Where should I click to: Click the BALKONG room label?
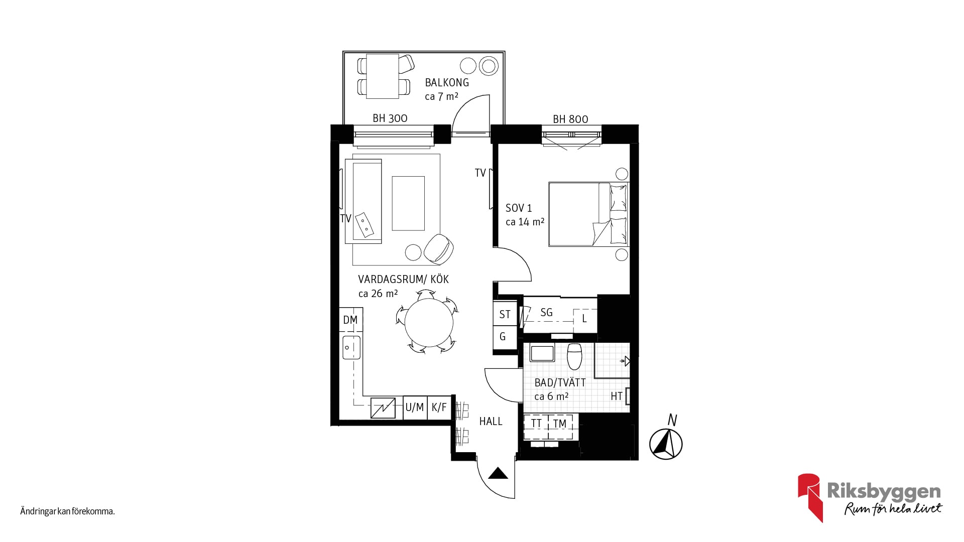tap(447, 82)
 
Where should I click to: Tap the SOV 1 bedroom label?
tap(519, 208)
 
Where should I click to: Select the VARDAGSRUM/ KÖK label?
tap(403, 279)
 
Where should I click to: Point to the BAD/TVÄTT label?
tap(560, 382)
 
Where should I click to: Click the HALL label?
tap(491, 422)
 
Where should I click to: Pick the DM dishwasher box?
tap(350, 320)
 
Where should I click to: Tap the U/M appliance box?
tap(415, 408)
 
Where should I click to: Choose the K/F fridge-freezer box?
tap(439, 408)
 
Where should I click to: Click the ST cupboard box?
tap(505, 314)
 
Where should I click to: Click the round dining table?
tap(429, 322)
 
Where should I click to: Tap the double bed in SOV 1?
tap(588, 214)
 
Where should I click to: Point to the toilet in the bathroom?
tap(574, 356)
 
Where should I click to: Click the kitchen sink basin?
tap(351, 348)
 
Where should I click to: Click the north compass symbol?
tap(666, 444)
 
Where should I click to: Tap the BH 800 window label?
tap(570, 119)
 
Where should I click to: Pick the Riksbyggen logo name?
tap(884, 491)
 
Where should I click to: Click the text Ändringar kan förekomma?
tap(68, 512)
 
